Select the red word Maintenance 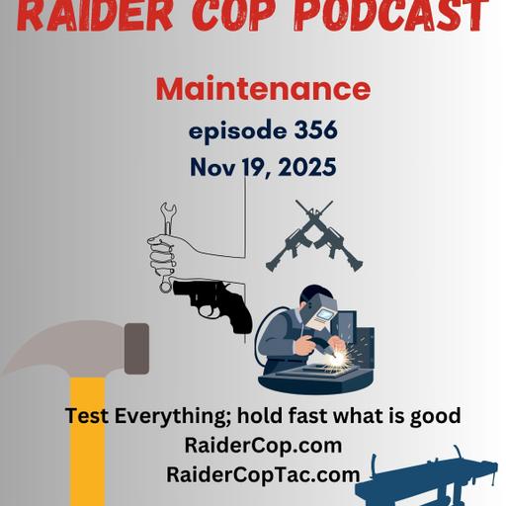click(263, 89)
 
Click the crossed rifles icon click(314, 237)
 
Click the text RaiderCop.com click(263, 445)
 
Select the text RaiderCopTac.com click(263, 474)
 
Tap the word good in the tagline click(436, 416)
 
